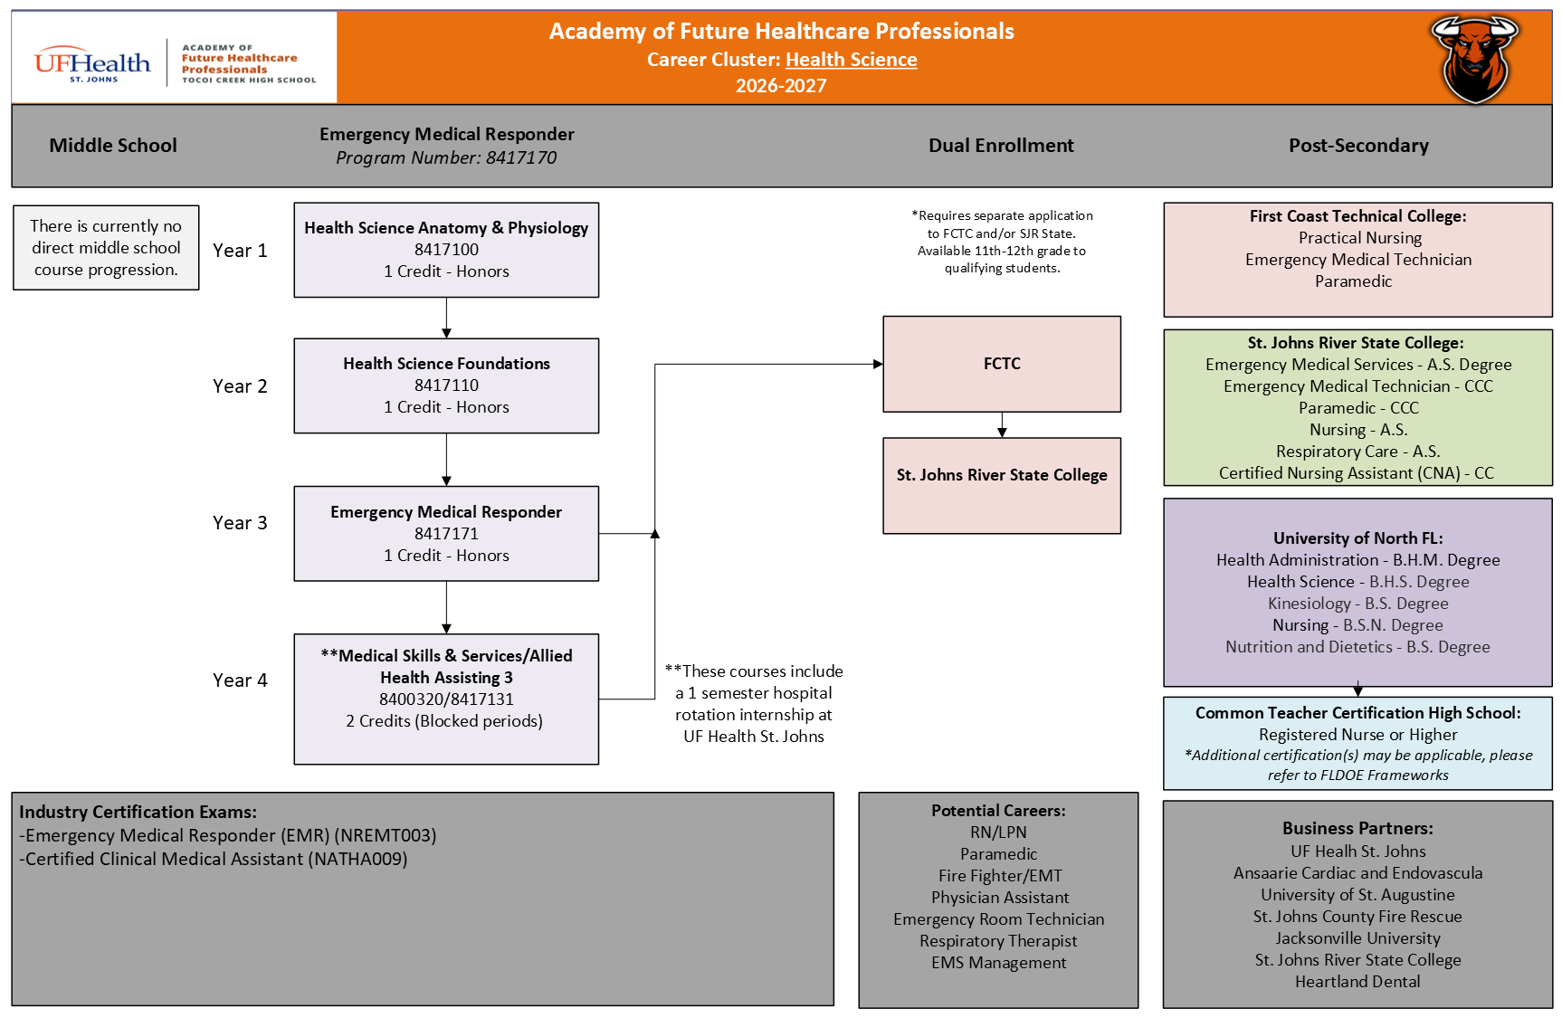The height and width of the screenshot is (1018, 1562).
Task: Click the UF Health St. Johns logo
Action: point(92,63)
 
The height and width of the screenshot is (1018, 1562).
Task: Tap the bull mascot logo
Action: point(1474,59)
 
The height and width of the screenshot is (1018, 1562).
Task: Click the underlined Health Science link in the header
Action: point(851,60)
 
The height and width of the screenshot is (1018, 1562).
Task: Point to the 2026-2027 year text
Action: point(781,86)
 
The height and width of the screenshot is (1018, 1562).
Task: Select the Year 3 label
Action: point(240,523)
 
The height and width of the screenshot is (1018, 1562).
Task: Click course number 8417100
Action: point(446,250)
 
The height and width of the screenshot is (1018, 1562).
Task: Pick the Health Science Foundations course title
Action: point(446,364)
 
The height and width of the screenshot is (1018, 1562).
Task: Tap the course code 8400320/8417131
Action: point(446,699)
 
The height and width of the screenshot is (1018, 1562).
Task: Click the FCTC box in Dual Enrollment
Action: point(1002,364)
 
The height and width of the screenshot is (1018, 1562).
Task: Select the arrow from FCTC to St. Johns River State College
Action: point(1002,425)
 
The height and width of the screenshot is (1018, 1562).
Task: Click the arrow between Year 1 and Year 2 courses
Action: point(446,318)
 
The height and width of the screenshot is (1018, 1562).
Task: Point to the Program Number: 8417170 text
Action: point(446,158)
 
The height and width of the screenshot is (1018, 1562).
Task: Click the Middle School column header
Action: point(113,146)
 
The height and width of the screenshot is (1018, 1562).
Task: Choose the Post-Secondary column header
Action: point(1358,146)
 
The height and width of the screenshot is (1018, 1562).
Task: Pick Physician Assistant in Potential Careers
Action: point(1000,898)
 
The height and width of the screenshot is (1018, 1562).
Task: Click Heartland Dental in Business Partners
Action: point(1357,982)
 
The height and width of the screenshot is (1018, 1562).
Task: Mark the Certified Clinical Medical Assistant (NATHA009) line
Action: point(214,859)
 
